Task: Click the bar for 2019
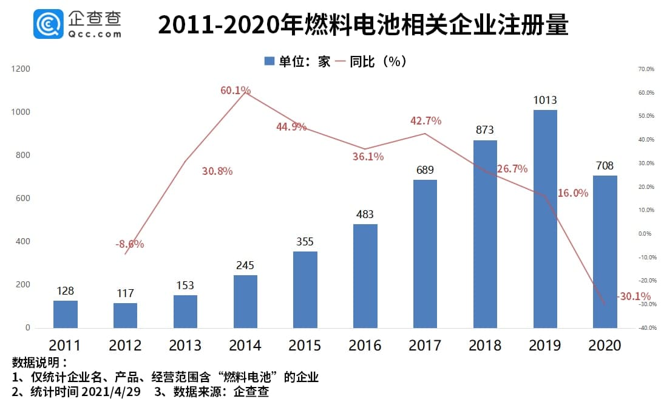545,219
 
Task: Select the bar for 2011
65,314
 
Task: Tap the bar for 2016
365,276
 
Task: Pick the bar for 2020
605,251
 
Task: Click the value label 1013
545,100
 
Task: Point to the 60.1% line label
236,91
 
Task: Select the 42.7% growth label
425,121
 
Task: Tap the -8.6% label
129,244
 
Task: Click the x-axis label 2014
245,346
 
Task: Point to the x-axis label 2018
485,346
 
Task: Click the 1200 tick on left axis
21,69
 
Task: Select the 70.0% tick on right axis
646,69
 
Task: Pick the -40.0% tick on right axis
645,328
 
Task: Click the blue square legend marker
269,61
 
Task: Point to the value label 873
485,130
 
